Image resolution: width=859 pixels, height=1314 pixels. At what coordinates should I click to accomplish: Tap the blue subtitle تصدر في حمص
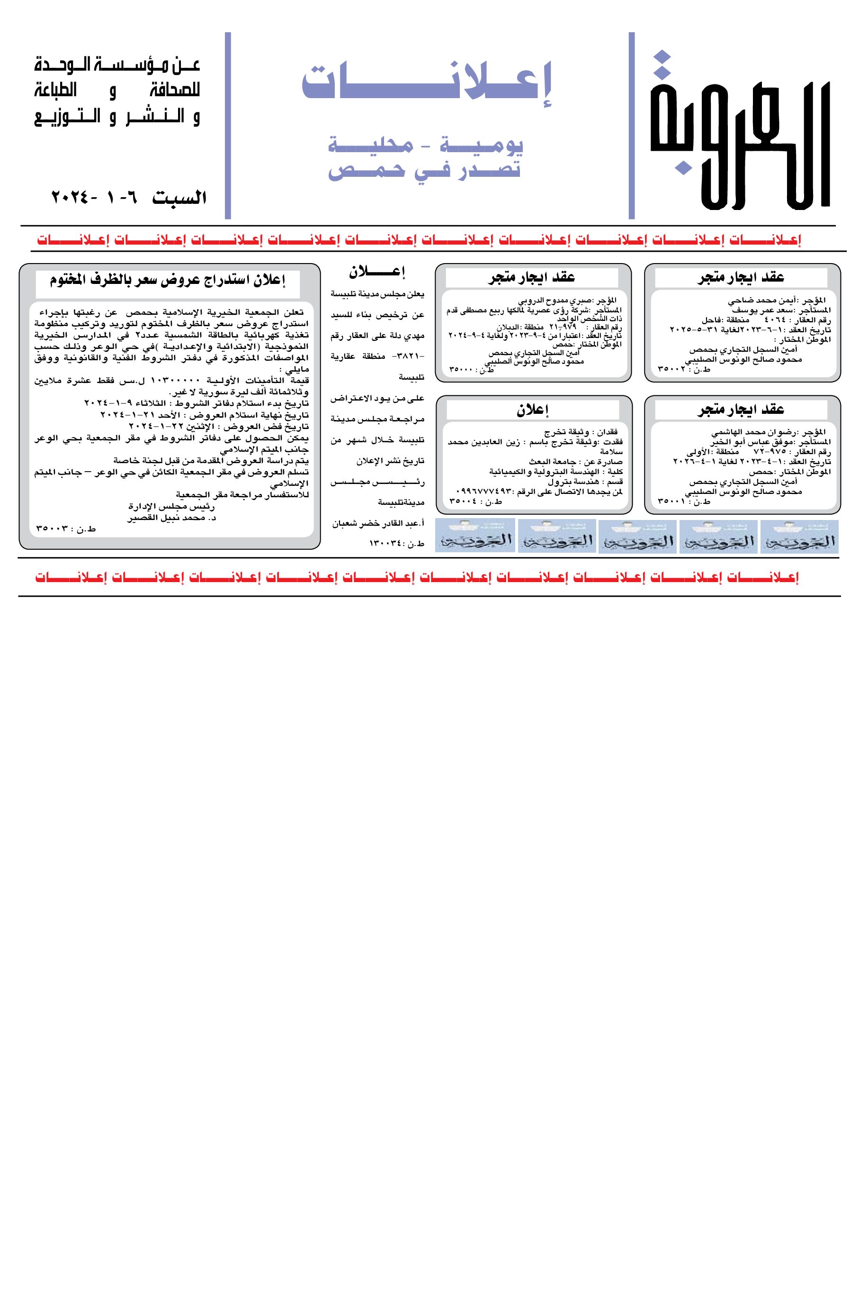(x=424, y=170)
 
